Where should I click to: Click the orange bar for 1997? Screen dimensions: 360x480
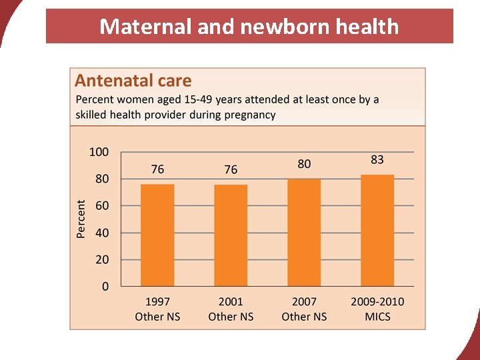(157, 235)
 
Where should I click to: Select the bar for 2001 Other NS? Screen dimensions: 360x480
(231, 235)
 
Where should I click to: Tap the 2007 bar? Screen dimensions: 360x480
(304, 233)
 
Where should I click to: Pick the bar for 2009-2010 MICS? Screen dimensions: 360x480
(377, 231)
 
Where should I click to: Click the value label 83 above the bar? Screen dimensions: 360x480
(377, 160)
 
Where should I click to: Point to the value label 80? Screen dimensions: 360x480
(304, 164)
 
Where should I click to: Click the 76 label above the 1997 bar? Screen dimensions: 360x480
(157, 169)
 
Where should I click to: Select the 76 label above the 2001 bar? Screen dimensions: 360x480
(231, 169)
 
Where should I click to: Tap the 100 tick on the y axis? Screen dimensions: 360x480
(99, 152)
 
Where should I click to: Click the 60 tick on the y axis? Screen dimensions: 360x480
(101, 206)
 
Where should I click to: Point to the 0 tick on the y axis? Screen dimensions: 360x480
(105, 287)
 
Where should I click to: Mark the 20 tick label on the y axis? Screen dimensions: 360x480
(101, 260)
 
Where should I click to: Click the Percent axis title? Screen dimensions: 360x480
(81, 219)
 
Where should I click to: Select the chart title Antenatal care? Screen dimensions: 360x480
(133, 81)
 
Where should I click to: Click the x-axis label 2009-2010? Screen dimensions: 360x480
(377, 302)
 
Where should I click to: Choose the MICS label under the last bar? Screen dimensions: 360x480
(377, 317)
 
